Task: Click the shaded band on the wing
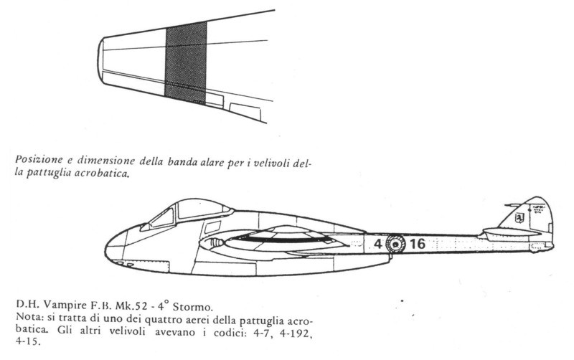point(186,62)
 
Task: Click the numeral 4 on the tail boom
point(378,244)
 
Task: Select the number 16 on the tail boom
point(418,244)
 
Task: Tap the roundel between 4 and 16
point(396,244)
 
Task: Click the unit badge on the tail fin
point(519,218)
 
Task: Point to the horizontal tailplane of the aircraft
point(512,232)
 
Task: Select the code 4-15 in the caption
point(28,343)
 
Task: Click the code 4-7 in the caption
point(265,333)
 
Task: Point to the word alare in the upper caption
point(211,161)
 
